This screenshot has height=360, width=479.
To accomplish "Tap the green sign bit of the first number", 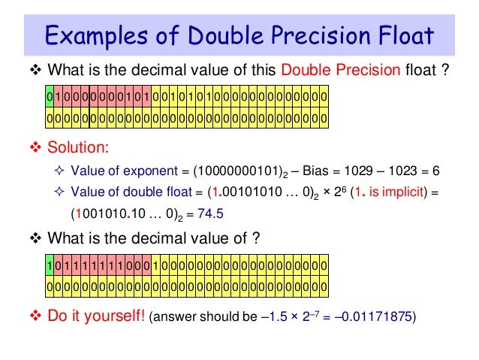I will (50, 98).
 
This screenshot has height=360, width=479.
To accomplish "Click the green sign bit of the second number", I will (50, 266).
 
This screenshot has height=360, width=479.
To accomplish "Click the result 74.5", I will (211, 214).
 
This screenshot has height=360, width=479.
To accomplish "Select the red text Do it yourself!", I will (97, 316).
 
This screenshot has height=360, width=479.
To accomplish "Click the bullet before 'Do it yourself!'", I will (36, 316).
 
